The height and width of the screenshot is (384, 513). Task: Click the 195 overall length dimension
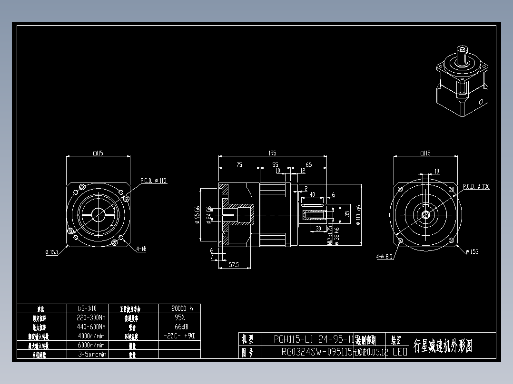coord(272,153)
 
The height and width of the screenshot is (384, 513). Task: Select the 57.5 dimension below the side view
coord(233,264)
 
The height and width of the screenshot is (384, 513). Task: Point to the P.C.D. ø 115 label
coord(154,181)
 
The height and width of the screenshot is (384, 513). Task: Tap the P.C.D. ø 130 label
coord(476,187)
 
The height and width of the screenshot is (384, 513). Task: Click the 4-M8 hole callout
coord(141,249)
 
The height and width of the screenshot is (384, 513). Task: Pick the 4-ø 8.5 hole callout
coord(384,257)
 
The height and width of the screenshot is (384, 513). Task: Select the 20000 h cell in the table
coord(179,308)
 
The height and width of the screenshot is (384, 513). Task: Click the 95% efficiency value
coord(179,317)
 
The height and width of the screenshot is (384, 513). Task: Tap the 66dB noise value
coord(179,326)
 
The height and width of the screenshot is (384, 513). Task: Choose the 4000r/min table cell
coord(91,336)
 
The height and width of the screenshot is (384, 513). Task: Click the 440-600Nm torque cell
coord(91,326)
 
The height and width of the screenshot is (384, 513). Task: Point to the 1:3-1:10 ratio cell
coord(91,308)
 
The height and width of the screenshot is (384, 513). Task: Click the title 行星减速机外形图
coord(443,346)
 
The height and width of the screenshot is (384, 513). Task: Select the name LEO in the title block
coord(399,352)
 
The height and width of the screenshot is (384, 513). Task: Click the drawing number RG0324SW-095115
coord(316,352)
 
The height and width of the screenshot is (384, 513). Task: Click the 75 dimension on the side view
coord(239,164)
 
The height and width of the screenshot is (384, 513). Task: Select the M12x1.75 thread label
coord(329,235)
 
